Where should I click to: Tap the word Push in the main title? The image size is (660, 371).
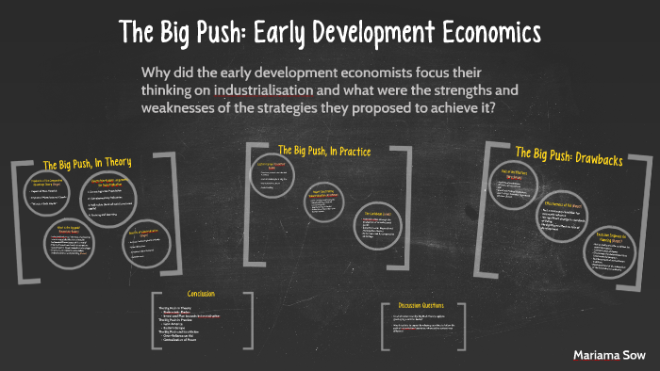[213, 31]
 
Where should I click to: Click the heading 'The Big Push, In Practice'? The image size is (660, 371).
[324, 151]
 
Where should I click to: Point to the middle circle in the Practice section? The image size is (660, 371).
[322, 201]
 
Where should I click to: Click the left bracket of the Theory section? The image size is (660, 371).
[16, 221]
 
